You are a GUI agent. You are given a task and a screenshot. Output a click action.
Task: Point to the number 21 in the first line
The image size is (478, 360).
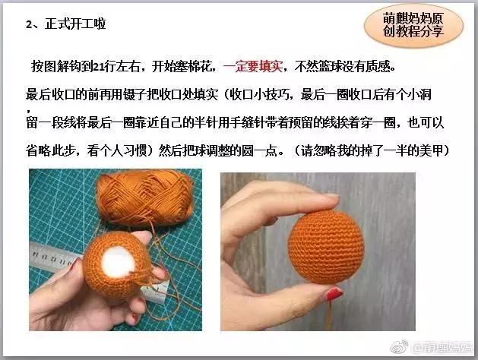pyautogui.click(x=98, y=66)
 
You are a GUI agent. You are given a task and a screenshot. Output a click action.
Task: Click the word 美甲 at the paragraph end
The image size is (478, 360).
pyautogui.click(x=436, y=151)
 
